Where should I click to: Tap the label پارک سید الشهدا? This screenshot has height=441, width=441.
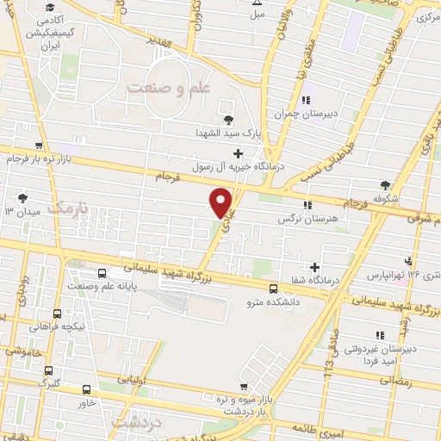[227, 134]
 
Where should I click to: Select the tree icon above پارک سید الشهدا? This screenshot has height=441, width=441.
[227, 121]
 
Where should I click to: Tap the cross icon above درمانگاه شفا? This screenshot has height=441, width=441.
[315, 267]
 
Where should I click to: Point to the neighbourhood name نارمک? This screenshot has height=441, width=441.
[68, 208]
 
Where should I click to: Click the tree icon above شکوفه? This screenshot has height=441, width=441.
[384, 184]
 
